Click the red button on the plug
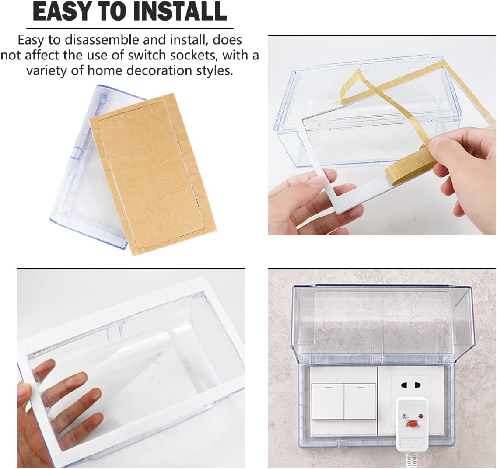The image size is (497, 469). [412, 423]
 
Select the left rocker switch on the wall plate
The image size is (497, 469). [328, 401]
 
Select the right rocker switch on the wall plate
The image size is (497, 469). [360, 401]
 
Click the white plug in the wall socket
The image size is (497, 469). [412, 425]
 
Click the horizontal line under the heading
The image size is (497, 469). [130, 28]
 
